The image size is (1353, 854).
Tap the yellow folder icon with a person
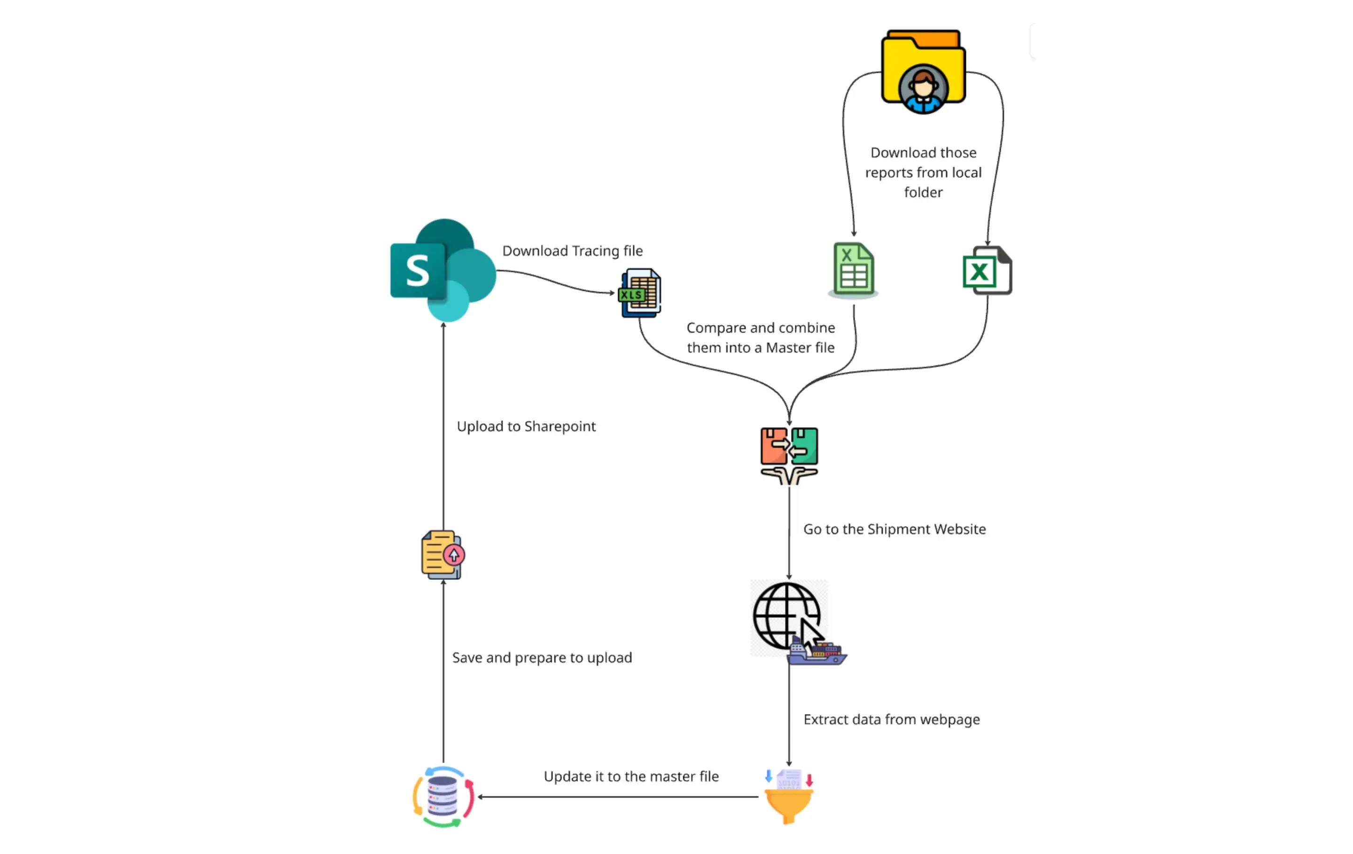coord(923,71)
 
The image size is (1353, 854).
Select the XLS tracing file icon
coord(640,293)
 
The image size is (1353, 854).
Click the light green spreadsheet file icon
coord(853,269)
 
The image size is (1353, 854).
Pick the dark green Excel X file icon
coord(987,271)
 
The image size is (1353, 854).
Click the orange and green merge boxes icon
coord(789,455)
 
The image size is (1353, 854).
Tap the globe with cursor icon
coord(786,616)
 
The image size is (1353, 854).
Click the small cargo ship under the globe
coord(817,654)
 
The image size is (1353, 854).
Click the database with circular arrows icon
coord(443,797)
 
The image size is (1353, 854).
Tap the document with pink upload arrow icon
coord(443,555)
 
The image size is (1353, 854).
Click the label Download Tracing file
coord(572,251)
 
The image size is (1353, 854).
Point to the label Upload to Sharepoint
coord(526,427)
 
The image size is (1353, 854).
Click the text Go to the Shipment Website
coord(894,529)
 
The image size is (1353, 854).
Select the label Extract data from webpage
coord(891,720)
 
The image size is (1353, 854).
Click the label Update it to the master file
coord(631,776)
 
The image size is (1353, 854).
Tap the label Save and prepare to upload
coord(542,658)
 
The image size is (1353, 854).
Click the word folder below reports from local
coord(923,193)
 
